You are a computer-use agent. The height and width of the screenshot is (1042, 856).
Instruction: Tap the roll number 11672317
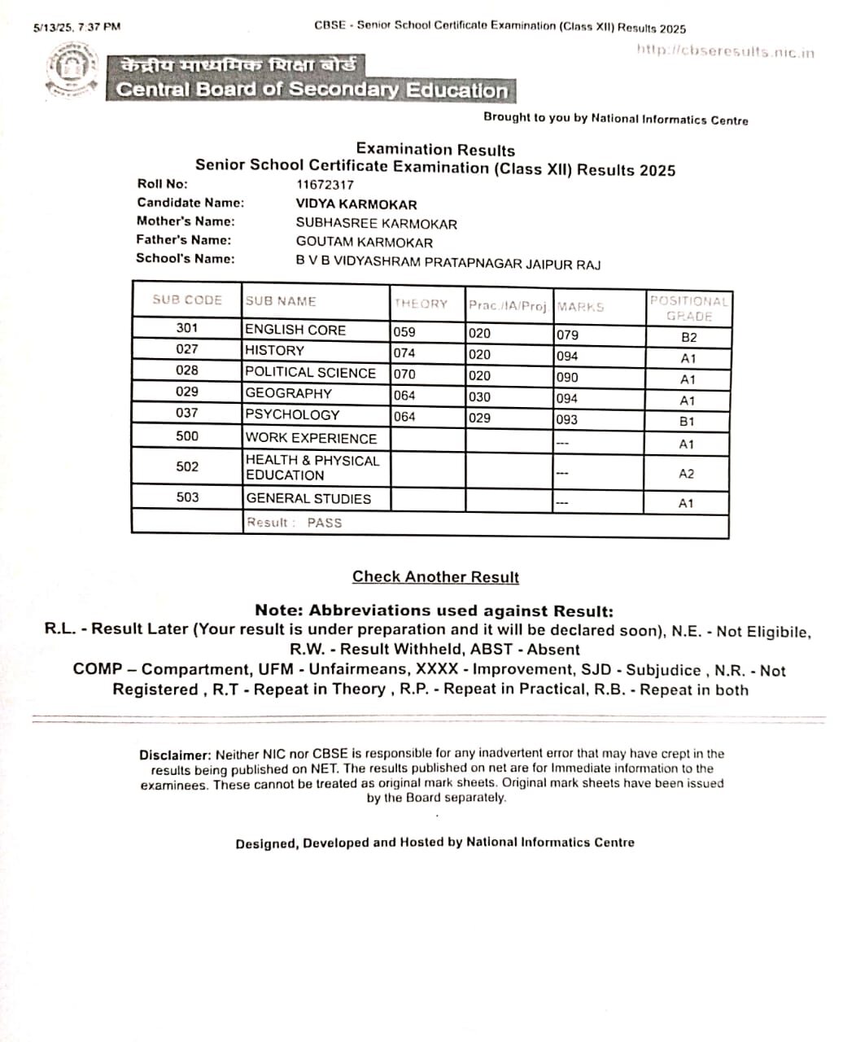325,185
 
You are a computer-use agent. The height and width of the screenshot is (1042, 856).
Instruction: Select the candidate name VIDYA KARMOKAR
356,204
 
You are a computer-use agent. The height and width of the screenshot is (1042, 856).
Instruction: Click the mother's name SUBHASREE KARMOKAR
376,224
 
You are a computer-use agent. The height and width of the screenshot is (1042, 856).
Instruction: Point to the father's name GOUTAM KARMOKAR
364,243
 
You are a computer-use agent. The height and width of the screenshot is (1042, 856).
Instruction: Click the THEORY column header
421,304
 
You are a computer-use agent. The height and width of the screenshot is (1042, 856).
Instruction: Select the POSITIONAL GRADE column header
688,309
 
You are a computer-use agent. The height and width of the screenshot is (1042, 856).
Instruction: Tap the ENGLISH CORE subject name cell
295,330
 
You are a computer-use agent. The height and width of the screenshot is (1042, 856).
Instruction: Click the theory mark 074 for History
404,353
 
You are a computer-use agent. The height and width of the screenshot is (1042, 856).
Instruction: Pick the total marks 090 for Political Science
567,378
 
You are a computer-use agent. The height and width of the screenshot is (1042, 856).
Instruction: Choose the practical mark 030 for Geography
479,397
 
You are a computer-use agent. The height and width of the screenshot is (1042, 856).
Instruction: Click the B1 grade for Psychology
687,422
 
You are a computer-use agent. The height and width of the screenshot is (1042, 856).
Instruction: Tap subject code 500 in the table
187,436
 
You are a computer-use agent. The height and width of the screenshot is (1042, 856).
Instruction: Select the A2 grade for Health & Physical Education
687,474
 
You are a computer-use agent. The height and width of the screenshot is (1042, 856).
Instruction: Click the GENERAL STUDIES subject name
308,498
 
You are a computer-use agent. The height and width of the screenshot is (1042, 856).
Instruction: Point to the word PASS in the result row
325,523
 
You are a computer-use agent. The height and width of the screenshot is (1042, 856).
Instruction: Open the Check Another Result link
435,577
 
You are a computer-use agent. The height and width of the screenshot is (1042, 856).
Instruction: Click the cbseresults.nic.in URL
725,51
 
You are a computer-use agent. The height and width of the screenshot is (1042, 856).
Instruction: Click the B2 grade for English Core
688,337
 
